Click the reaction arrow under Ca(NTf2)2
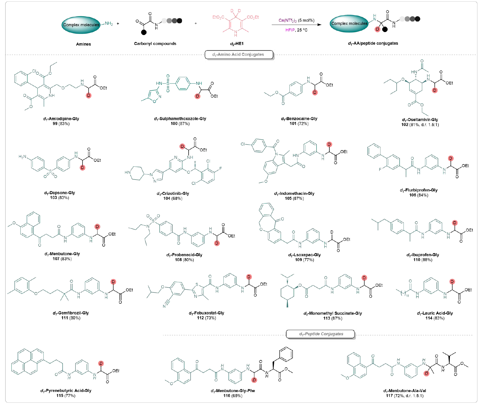coord(297,25)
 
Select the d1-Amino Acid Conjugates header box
coord(239,54)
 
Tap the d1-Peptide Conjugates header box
coord(320,334)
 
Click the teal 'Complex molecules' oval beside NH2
coord(81,25)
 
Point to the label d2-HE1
coord(237,44)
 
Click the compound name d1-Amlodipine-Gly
coord(61,119)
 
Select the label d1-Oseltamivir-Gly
coord(420,120)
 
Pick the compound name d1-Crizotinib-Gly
coord(173,194)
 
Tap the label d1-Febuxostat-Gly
coord(206,313)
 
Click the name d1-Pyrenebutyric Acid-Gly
coord(66,391)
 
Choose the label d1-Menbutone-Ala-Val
coord(405,391)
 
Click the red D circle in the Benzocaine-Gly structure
coord(315,93)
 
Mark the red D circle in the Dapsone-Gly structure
coord(83,168)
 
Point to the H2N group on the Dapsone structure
coord(22,157)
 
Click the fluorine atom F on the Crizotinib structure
coord(220,169)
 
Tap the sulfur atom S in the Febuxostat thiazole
coord(197,285)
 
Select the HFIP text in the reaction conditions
coord(290,30)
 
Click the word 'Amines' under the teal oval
coord(83,44)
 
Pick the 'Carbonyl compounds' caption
coord(155,44)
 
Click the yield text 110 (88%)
coord(423,260)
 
